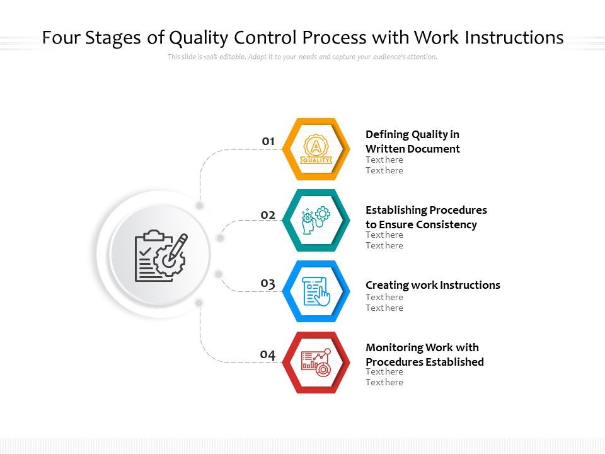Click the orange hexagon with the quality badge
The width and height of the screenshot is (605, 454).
(x=316, y=149)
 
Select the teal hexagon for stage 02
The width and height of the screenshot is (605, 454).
(x=316, y=220)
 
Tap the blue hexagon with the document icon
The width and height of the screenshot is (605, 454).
(x=316, y=291)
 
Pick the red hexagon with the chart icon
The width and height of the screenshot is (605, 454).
(x=316, y=363)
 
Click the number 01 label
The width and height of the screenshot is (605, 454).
(x=268, y=141)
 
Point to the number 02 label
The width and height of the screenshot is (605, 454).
(x=268, y=215)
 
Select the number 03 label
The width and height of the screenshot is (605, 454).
(x=268, y=284)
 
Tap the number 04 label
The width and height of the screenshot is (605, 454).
(x=268, y=355)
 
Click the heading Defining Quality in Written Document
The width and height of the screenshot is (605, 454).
(x=413, y=142)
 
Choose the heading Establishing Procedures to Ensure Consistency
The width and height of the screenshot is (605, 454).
(x=426, y=217)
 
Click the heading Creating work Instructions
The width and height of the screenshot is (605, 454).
(x=433, y=285)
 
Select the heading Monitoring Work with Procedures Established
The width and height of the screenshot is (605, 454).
(x=425, y=354)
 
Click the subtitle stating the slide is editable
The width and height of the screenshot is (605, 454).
(x=302, y=57)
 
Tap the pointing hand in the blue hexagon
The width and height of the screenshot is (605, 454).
(x=322, y=296)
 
